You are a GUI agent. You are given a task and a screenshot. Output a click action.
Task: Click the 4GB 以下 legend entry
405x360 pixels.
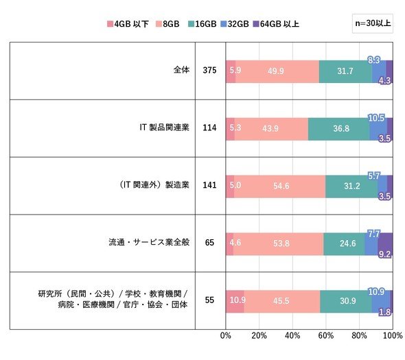128,24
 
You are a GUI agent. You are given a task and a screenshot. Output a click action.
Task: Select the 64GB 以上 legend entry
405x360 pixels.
276,24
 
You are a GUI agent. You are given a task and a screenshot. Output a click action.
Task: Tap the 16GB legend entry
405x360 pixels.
202,24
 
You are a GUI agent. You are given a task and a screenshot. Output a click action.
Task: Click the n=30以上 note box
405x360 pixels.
373,23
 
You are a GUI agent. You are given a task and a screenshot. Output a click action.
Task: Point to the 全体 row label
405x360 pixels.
181,70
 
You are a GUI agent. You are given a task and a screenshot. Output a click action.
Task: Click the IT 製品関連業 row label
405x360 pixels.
164,128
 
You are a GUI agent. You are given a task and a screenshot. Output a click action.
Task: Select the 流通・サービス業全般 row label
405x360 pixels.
149,242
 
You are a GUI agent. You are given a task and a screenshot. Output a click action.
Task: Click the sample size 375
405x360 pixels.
209,70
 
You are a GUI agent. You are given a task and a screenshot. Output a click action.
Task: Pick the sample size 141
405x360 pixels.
209,185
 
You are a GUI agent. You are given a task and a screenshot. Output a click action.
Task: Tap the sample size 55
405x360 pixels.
209,300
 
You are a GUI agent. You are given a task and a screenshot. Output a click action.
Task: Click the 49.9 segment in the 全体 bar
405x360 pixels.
277,71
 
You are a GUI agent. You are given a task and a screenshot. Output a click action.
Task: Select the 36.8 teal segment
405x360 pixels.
338,129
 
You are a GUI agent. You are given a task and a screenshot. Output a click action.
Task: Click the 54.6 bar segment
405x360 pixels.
280,187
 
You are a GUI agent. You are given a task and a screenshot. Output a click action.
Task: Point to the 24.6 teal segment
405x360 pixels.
344,244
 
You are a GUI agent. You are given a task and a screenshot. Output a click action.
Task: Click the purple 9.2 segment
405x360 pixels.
385,244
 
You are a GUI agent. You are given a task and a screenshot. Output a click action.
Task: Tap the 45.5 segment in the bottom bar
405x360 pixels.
282,302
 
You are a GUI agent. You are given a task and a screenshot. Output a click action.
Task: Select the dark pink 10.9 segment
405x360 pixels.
235,302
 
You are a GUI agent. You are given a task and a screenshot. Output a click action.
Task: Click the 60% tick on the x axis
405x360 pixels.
326,335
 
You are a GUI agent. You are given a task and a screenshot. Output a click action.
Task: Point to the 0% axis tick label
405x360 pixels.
225,335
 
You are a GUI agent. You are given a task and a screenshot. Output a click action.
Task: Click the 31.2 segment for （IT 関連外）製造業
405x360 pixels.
351,187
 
